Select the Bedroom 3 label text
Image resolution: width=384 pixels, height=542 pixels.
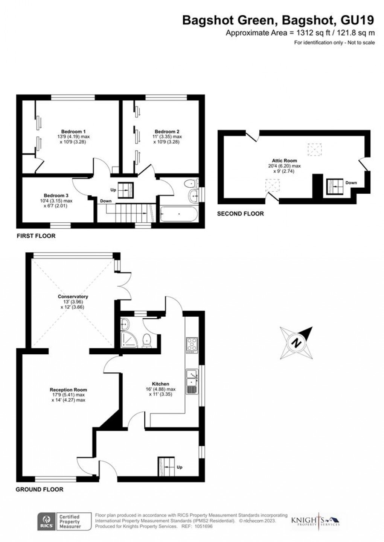pos(56,196)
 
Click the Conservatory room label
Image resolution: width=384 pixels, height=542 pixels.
pos(73,296)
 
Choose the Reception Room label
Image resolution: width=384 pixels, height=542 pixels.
pos(68,390)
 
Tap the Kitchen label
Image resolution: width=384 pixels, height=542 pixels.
pos(161,384)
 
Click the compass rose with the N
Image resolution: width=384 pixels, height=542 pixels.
pos(297,343)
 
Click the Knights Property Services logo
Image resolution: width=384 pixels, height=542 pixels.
pos(315,521)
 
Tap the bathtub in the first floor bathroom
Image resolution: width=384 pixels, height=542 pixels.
pos(178,214)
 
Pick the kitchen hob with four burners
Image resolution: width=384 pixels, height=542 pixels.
pos(192,345)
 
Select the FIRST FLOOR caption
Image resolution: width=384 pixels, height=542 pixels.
pos(36,236)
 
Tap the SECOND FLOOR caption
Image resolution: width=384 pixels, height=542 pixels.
pos(240,214)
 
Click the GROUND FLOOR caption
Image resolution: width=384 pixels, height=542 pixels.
pos(39,489)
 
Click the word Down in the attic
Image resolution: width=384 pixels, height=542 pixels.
pos(351,183)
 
